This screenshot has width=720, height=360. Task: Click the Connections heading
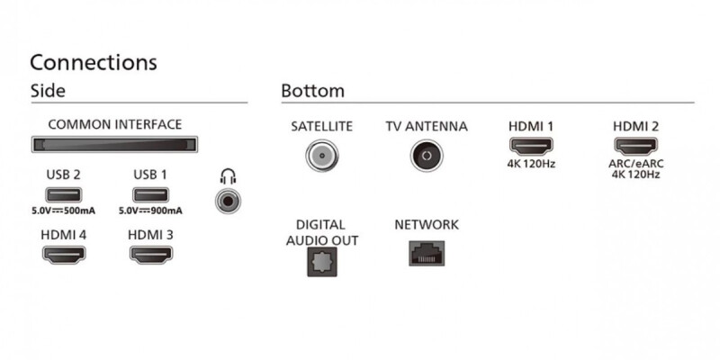coord(94,62)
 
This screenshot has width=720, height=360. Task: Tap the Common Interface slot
coord(114,145)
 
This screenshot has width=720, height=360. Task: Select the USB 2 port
coord(63,195)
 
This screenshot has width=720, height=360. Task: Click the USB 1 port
coord(150,195)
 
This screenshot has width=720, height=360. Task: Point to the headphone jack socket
coord(228,201)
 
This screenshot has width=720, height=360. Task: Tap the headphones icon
coord(228,176)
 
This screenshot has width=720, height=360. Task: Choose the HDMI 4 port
coord(64,255)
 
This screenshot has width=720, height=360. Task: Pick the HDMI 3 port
coord(151,255)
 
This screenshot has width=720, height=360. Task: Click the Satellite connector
coord(322,156)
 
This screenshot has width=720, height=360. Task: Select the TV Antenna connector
coord(427,156)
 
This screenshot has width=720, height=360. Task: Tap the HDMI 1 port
coord(531,147)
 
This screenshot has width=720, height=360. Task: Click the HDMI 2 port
coord(636,147)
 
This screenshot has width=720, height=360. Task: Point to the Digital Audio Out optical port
coord(322,261)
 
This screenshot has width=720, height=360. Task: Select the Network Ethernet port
coord(427,254)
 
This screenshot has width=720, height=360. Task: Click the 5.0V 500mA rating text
coord(63,211)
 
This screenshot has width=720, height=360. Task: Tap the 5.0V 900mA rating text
coord(150,211)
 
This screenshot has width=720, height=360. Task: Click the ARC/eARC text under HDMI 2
coord(636,164)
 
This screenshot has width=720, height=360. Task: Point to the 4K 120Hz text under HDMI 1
coord(531,164)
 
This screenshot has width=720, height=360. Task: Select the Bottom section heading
coord(312,91)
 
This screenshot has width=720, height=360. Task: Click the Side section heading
coord(48,91)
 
